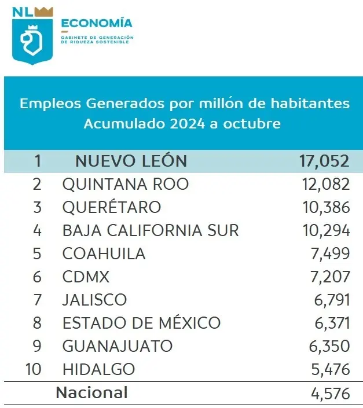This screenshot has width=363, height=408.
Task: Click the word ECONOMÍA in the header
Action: point(96,24)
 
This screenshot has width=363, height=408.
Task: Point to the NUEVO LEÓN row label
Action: point(131,161)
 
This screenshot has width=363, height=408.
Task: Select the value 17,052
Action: point(325,161)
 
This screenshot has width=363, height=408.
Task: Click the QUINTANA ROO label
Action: point(125,185)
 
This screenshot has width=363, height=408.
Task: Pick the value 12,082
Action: point(325,185)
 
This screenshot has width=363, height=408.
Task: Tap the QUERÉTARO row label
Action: point(112,207)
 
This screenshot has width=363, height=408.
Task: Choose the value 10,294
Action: point(325,230)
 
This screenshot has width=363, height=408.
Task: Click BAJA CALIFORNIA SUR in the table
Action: point(150,230)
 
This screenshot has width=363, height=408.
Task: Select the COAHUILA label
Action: point(104,253)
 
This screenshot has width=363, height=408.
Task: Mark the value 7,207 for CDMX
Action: point(329,277)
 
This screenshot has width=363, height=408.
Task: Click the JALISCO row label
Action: point(94,300)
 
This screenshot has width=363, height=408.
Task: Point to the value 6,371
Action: point(329,323)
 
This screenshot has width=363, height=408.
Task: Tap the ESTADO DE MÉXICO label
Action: point(141,323)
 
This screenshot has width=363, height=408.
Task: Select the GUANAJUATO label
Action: point(117,346)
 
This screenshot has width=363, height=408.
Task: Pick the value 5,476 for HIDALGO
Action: point(329,369)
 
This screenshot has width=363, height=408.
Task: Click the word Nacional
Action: point(91,392)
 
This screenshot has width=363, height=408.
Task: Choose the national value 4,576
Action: point(329,394)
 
